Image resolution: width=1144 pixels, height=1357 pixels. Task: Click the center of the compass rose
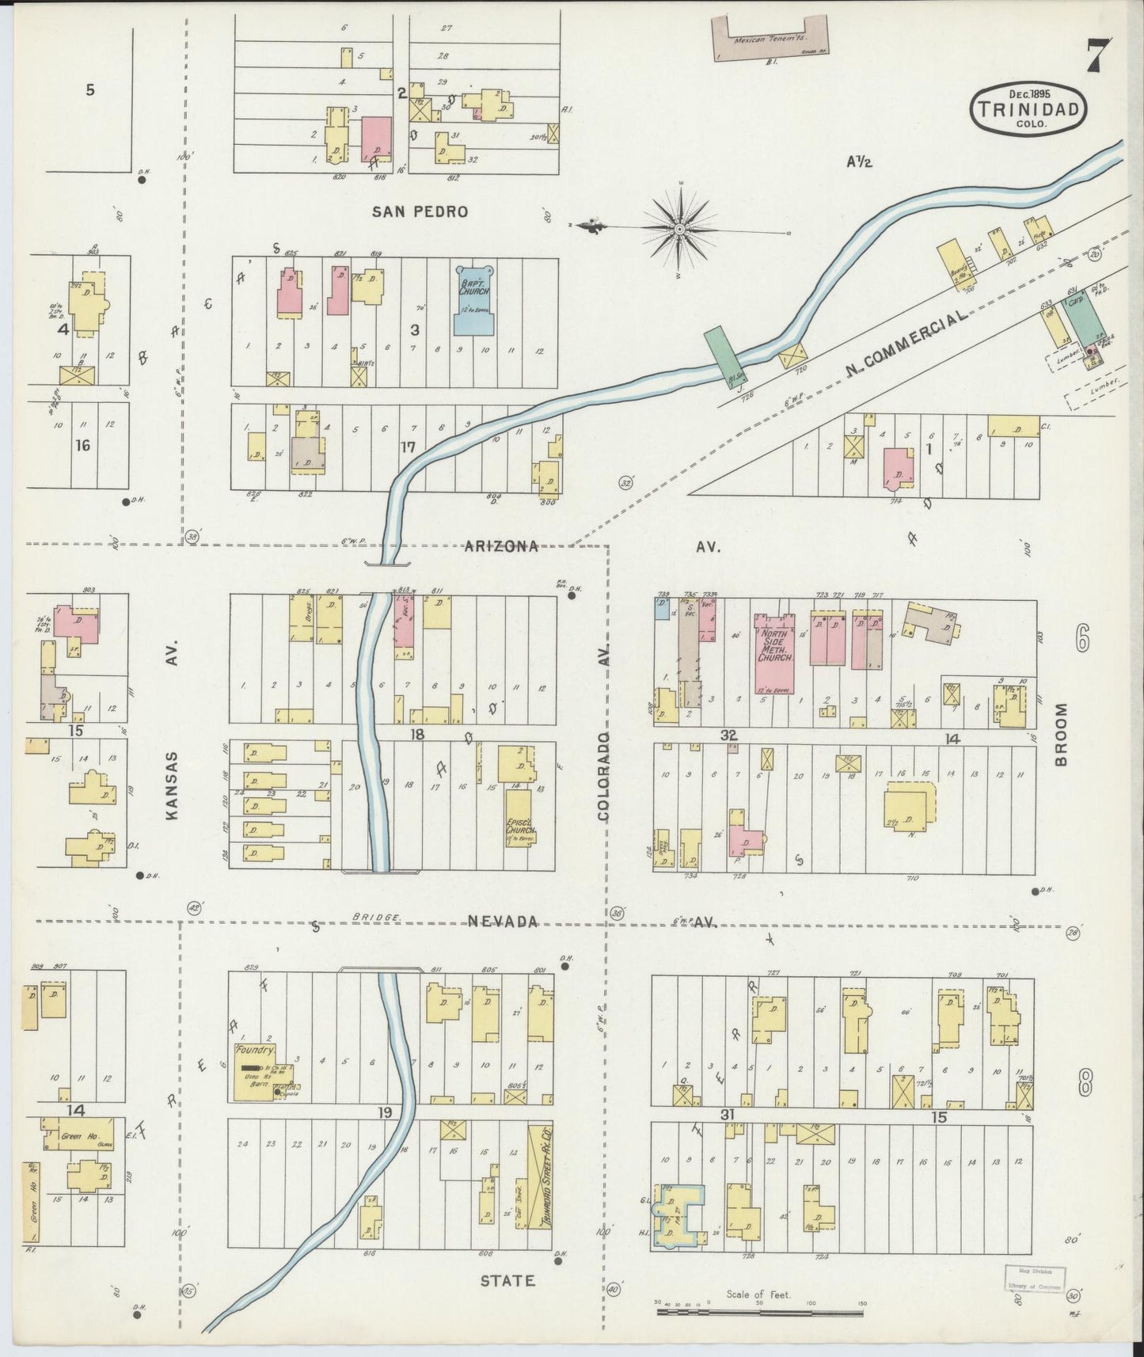click(x=679, y=229)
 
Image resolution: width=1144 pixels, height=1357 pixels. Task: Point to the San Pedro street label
click(x=420, y=211)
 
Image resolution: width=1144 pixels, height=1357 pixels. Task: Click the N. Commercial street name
click(x=906, y=343)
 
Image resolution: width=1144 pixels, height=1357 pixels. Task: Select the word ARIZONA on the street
click(x=501, y=545)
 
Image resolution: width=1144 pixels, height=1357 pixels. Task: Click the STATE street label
click(x=507, y=1279)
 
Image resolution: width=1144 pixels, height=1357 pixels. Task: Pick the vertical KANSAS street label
click(x=173, y=785)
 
